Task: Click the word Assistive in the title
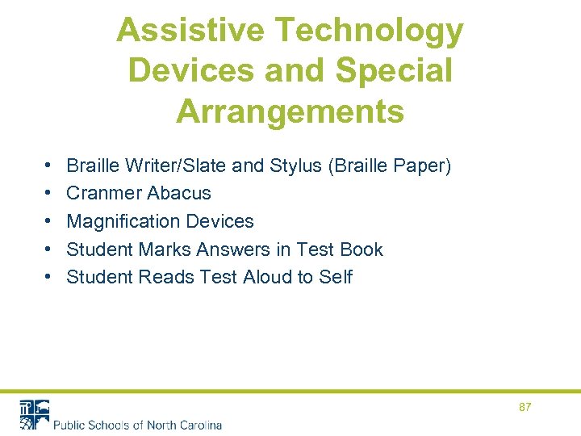(x=190, y=31)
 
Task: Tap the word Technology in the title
(x=370, y=31)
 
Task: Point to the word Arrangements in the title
(x=290, y=111)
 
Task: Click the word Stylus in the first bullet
(x=299, y=166)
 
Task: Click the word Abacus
(x=179, y=194)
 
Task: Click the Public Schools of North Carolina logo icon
(x=34, y=414)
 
